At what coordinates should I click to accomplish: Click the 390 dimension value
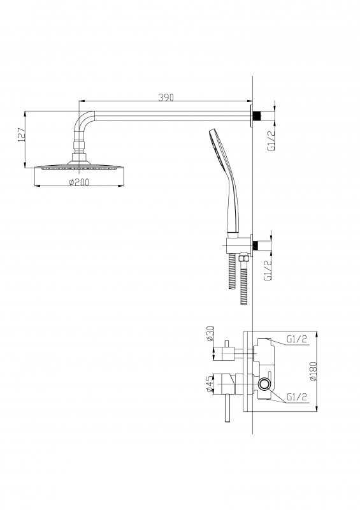click(166, 97)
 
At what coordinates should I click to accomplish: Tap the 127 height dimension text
click(21, 135)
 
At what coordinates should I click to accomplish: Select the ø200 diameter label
click(79, 182)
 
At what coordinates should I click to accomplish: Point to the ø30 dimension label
click(210, 333)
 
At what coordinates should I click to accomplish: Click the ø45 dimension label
click(210, 384)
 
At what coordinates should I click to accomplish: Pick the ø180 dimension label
click(313, 372)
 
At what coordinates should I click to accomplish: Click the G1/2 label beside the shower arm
click(271, 140)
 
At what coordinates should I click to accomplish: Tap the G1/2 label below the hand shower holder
click(268, 270)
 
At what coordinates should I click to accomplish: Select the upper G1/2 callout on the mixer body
click(296, 339)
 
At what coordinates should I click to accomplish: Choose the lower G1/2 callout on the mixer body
click(296, 397)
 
